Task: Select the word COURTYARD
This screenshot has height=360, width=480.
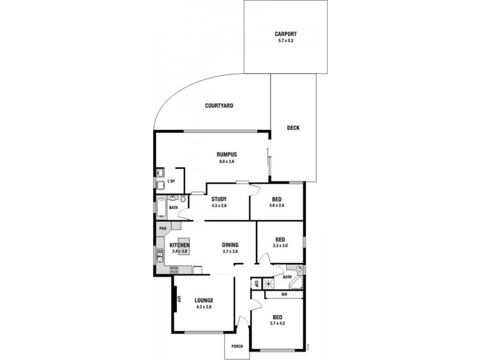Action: (x=218, y=106)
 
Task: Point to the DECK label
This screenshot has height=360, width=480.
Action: (x=293, y=128)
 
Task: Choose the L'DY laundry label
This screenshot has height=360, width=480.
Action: (x=171, y=181)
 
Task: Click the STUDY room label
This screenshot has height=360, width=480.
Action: (x=218, y=199)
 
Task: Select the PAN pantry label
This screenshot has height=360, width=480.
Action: (x=162, y=228)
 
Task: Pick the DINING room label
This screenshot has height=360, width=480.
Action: (x=230, y=244)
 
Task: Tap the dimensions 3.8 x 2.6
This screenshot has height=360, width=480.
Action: (x=277, y=206)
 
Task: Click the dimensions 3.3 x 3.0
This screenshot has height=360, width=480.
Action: (x=280, y=246)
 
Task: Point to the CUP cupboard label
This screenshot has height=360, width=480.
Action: (x=256, y=283)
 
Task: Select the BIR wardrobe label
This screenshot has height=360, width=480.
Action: (x=284, y=295)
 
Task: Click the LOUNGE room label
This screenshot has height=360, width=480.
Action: (x=204, y=301)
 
